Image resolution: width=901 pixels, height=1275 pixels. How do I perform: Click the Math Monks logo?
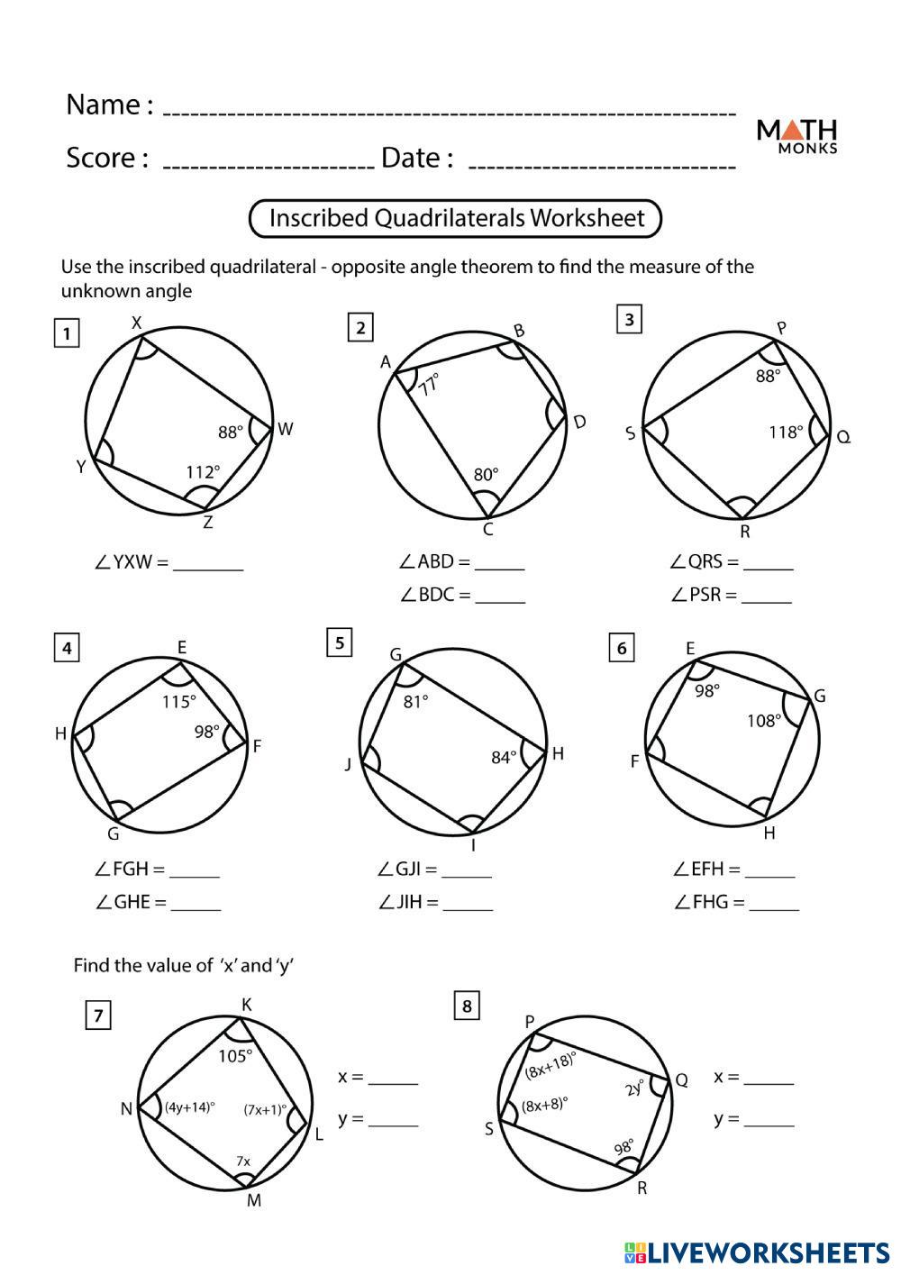(x=796, y=136)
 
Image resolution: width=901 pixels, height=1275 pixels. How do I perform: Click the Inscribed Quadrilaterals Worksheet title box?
(x=456, y=218)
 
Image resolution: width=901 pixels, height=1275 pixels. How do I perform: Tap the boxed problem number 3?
(x=629, y=319)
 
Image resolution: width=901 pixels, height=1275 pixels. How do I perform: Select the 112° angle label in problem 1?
(x=203, y=471)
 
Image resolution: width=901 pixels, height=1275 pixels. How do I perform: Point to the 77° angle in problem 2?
(x=429, y=384)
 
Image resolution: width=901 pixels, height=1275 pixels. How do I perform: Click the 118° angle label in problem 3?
(x=786, y=432)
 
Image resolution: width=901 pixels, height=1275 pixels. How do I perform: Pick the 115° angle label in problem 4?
(x=178, y=701)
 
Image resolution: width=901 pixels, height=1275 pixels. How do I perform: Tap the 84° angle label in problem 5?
(x=505, y=757)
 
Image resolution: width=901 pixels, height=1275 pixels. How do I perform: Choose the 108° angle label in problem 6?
(x=763, y=720)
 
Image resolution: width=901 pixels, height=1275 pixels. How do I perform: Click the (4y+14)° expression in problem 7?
(x=189, y=1108)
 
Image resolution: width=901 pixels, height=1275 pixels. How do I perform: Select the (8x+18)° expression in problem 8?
(x=551, y=1067)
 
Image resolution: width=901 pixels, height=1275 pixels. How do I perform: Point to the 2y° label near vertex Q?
(x=635, y=1087)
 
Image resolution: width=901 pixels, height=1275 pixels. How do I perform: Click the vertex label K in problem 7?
(x=246, y=1005)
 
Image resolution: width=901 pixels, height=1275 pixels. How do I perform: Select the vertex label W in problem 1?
(x=286, y=429)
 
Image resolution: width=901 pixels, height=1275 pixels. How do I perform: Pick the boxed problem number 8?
(x=466, y=1006)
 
